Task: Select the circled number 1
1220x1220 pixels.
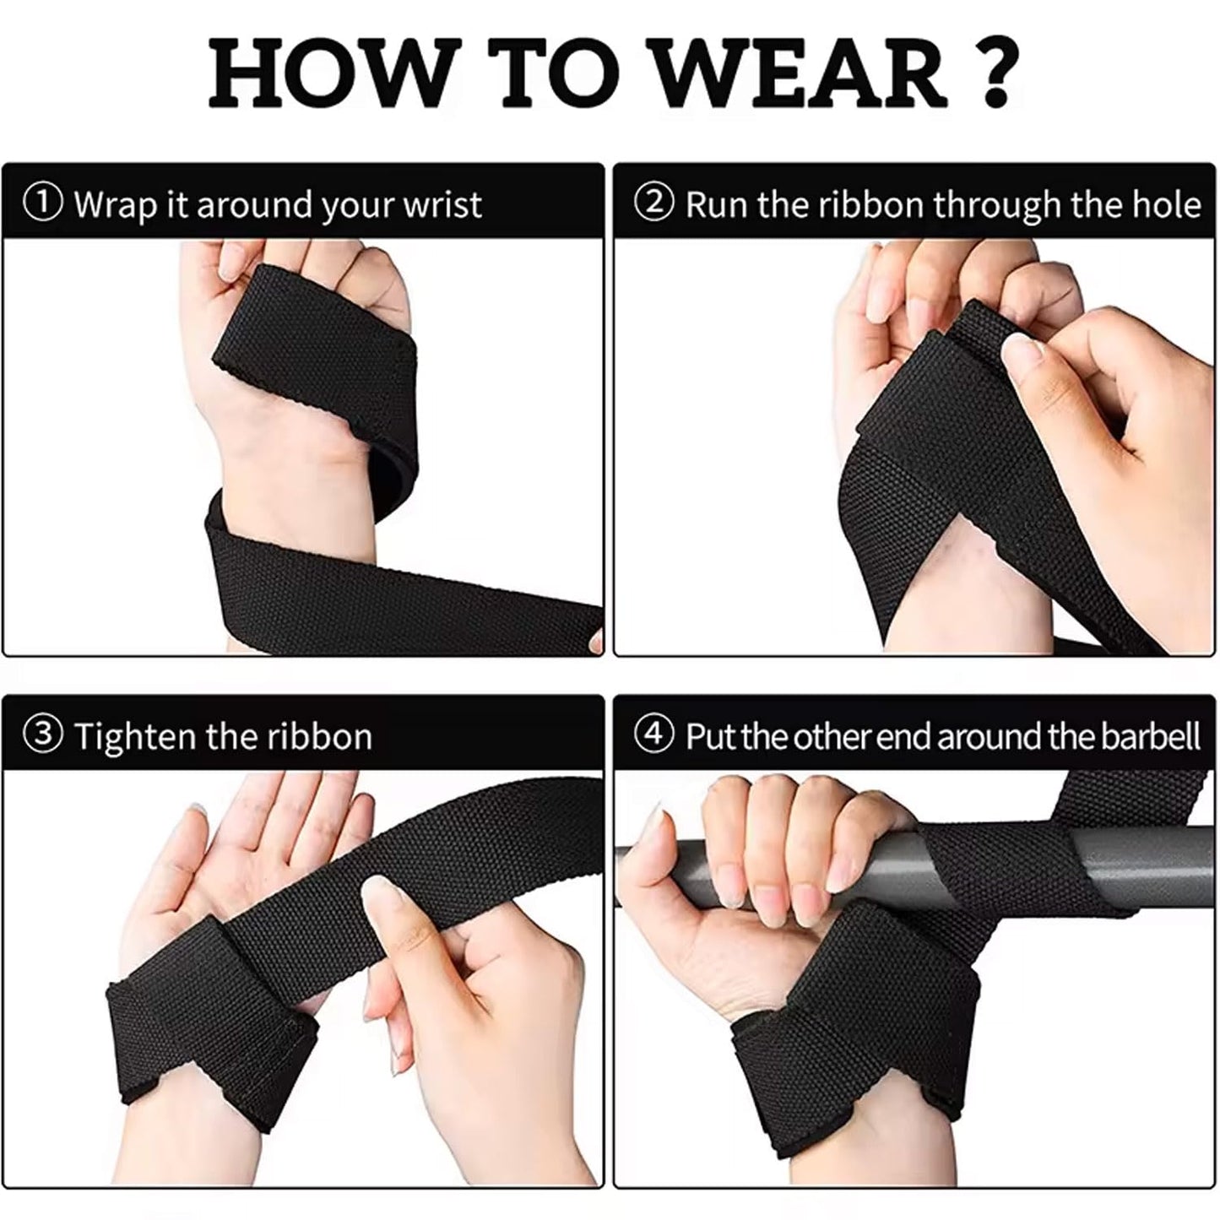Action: click(x=44, y=203)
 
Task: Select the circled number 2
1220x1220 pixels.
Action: click(x=656, y=203)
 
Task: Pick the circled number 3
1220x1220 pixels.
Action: click(x=44, y=735)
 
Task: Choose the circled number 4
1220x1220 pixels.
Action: click(x=656, y=735)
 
